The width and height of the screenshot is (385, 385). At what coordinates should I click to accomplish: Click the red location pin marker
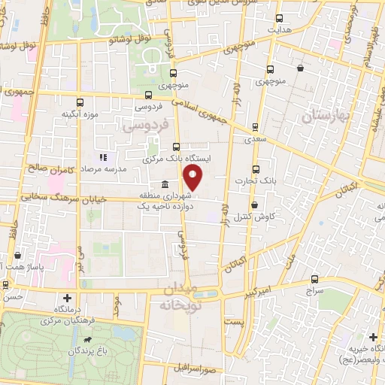click(x=193, y=177)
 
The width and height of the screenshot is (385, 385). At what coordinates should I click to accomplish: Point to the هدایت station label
click(x=280, y=29)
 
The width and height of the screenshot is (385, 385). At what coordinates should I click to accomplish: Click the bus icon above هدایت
click(x=280, y=18)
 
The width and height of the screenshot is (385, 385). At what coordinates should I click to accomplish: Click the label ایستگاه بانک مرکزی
click(x=177, y=159)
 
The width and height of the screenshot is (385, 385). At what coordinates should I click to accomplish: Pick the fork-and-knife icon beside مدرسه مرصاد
click(x=105, y=158)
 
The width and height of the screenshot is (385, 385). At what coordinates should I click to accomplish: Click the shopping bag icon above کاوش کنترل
click(x=254, y=204)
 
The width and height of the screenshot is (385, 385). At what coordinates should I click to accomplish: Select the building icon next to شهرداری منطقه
click(x=165, y=186)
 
